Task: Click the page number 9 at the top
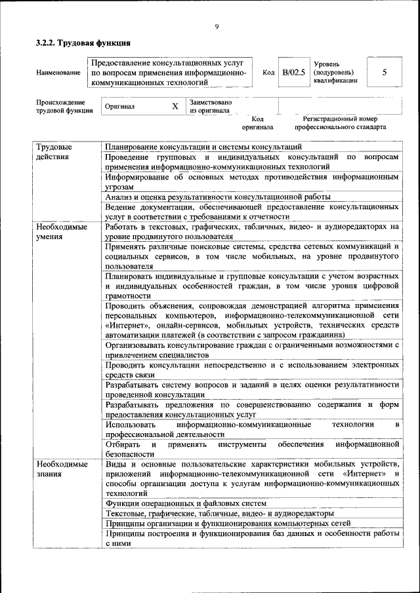pyautogui.click(x=216, y=26)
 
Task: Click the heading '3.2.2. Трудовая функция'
pyautogui.click(x=83, y=43)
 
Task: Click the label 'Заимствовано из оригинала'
pyautogui.click(x=210, y=106)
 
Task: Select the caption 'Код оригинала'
pyautogui.click(x=257, y=123)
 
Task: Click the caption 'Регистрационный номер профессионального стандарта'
pyautogui.click(x=340, y=123)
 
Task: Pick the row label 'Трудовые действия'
pyautogui.click(x=54, y=152)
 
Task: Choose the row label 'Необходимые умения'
pyautogui.click(x=62, y=231)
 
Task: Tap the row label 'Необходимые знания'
pyautogui.click(x=62, y=469)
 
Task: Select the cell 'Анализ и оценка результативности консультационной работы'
pyautogui.click(x=217, y=196)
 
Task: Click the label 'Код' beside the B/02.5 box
pyautogui.click(x=268, y=73)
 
